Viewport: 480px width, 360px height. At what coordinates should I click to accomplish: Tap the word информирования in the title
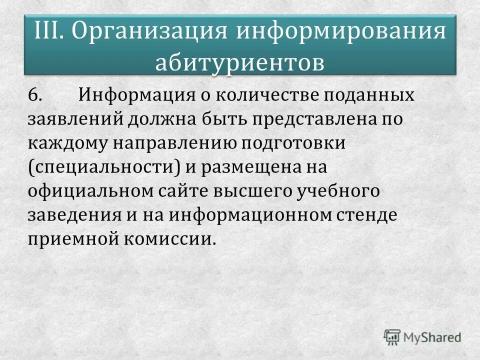pyautogui.click(x=340, y=31)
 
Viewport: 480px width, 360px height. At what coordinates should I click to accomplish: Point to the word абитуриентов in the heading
pyautogui.click(x=239, y=63)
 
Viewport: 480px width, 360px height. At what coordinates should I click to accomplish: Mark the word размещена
pyautogui.click(x=249, y=167)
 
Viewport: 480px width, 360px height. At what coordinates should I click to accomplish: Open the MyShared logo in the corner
pyautogui.click(x=422, y=337)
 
